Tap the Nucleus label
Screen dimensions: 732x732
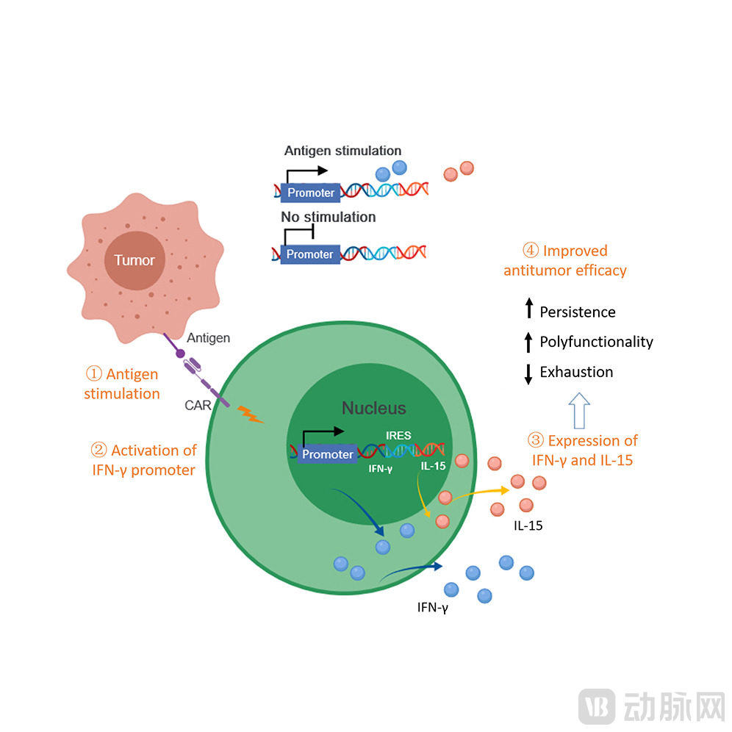pyautogui.click(x=373, y=409)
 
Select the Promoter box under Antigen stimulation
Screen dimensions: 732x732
pyautogui.click(x=310, y=193)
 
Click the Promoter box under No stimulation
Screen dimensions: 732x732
pyautogui.click(x=310, y=254)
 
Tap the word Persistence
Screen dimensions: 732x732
pyautogui.click(x=577, y=312)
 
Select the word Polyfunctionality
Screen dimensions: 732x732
pyautogui.click(x=596, y=342)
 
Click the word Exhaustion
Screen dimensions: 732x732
pyautogui.click(x=576, y=372)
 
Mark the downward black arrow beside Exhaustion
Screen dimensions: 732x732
pyautogui.click(x=528, y=373)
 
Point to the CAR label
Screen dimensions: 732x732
pyautogui.click(x=198, y=405)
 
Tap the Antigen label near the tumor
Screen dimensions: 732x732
pyautogui.click(x=209, y=338)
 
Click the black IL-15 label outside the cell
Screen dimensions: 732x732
pyautogui.click(x=528, y=526)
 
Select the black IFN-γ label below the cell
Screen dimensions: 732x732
pyautogui.click(x=432, y=607)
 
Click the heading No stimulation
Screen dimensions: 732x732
pyautogui.click(x=328, y=218)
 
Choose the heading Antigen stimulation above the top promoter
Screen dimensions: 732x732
pyautogui.click(x=342, y=151)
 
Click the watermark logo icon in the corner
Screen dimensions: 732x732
pyautogui.click(x=597, y=706)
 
